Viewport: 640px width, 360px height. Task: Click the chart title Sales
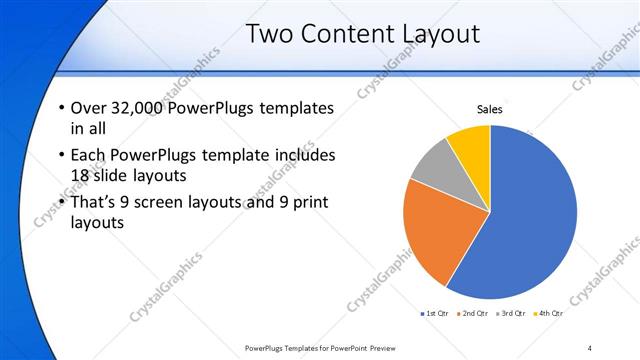(489, 109)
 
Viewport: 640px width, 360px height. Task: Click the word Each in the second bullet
(89, 155)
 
